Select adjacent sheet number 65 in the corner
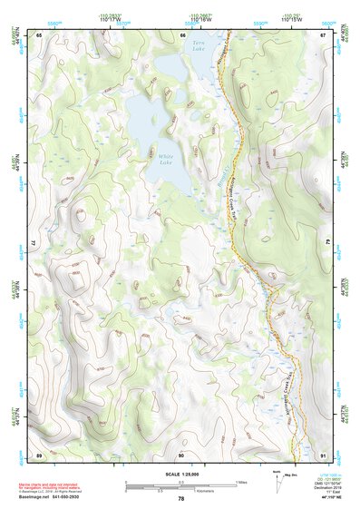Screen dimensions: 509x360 click(39, 35)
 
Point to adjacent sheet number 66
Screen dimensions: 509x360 click(182, 35)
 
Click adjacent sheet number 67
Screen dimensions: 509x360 click(324, 35)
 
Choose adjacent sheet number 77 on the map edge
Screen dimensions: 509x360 click(36, 244)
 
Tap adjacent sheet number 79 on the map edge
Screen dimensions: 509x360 click(326, 244)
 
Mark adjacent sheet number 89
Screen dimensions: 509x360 click(39, 454)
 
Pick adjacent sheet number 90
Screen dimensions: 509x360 click(181, 454)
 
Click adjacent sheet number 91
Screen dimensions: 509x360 click(324, 454)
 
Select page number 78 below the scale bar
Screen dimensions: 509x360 click(181, 499)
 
